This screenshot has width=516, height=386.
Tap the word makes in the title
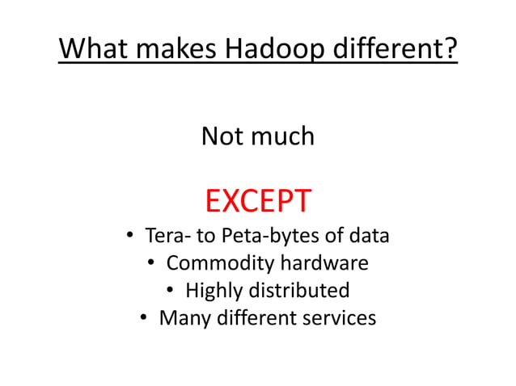(174, 50)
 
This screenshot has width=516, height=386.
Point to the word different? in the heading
(395, 50)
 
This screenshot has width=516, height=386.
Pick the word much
(282, 136)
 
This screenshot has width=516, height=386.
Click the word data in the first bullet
(368, 237)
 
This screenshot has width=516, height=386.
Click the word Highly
(212, 291)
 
